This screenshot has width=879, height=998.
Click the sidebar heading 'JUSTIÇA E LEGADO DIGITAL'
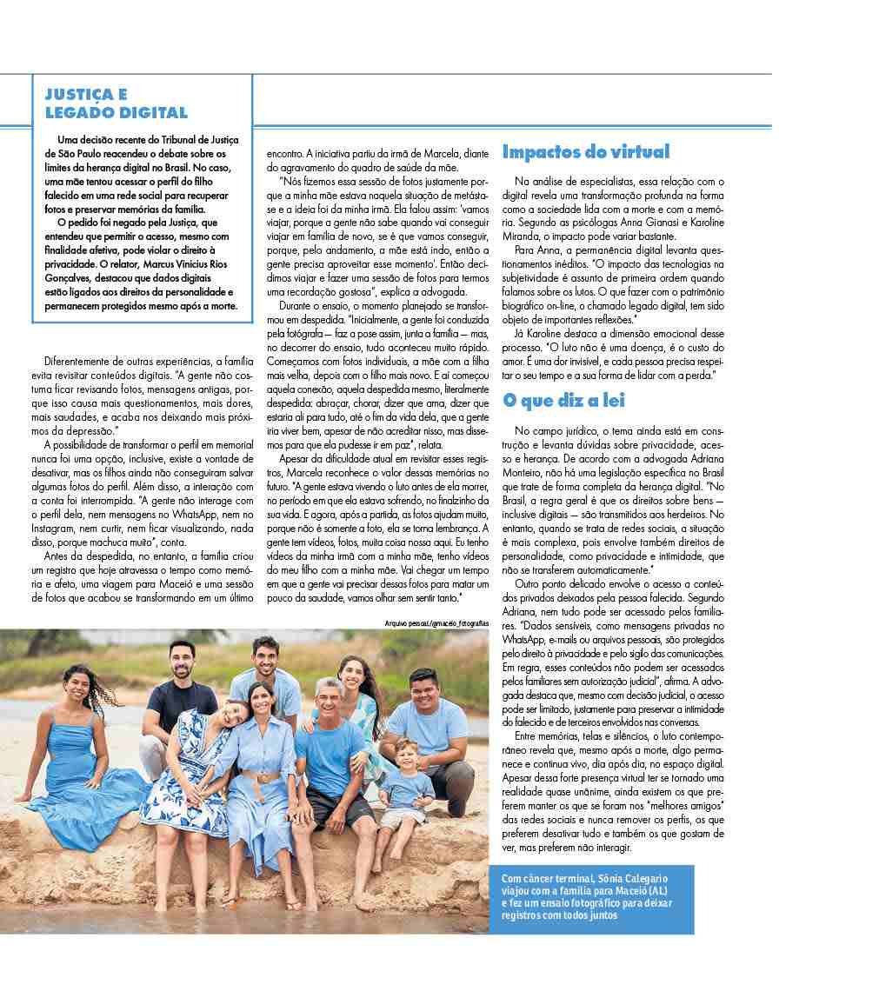click(x=116, y=103)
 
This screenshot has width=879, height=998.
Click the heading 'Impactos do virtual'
click(x=586, y=152)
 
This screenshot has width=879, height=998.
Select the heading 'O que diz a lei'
click(x=563, y=400)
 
